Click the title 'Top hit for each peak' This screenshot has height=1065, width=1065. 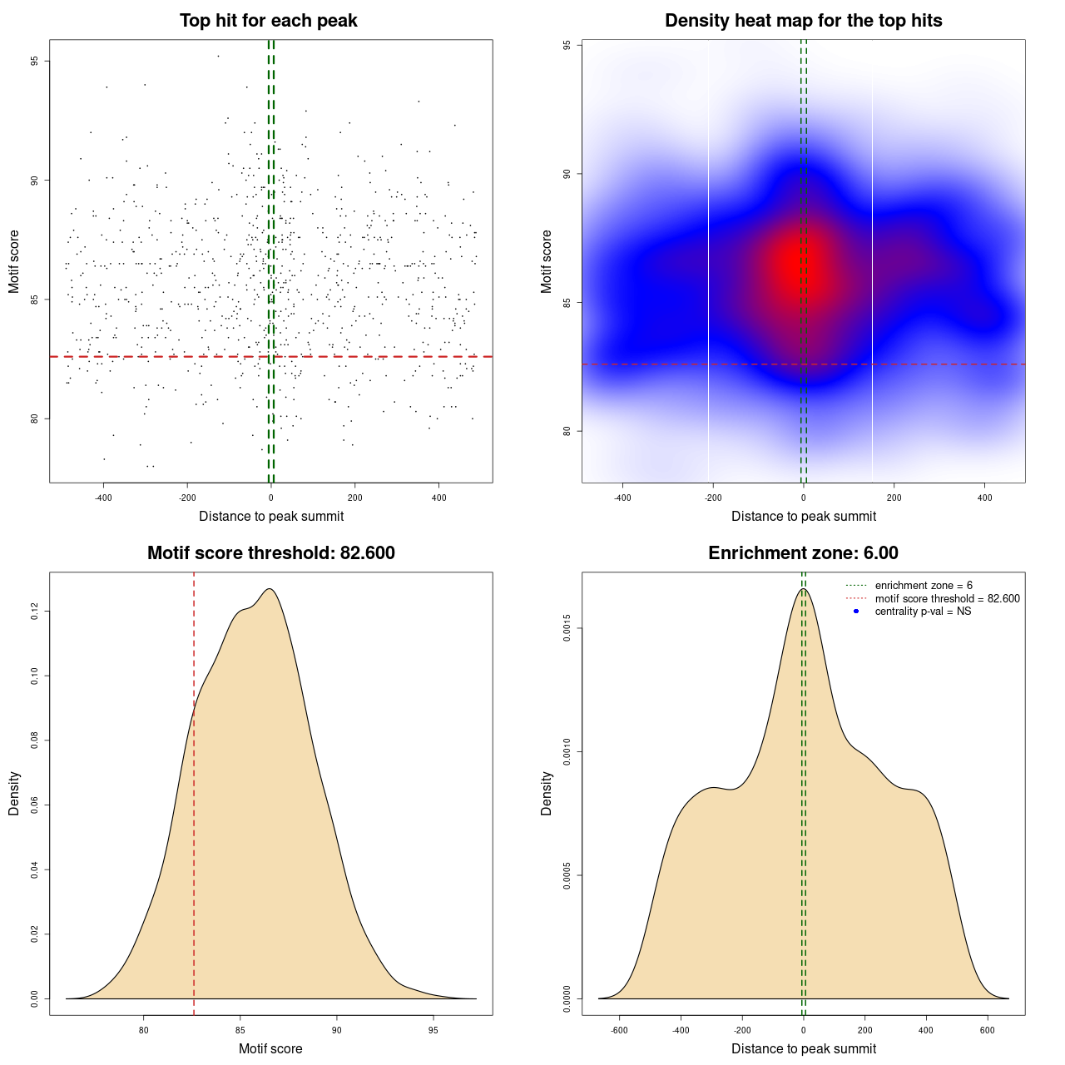click(269, 21)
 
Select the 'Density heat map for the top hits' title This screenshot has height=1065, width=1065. click(803, 21)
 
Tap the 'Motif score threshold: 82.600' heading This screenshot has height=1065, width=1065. click(270, 553)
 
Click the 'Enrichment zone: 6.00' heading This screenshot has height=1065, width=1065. click(803, 553)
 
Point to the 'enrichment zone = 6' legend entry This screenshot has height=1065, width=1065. click(924, 586)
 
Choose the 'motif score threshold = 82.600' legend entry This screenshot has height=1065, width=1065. click(947, 598)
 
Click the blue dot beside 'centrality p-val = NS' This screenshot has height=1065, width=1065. click(856, 612)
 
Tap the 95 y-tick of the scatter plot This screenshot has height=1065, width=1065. click(36, 62)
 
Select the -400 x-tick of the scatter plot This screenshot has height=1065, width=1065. click(103, 498)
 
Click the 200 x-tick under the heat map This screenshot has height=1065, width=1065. click(894, 498)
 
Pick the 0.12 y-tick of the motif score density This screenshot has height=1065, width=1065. click(36, 612)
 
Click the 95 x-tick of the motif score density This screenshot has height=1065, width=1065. click(433, 1030)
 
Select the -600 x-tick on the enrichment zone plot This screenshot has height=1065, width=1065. click(619, 1030)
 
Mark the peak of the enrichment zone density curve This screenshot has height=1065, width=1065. click(803, 589)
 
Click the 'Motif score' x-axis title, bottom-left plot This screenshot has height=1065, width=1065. click(270, 1048)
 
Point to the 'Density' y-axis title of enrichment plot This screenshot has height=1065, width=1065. click(547, 793)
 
